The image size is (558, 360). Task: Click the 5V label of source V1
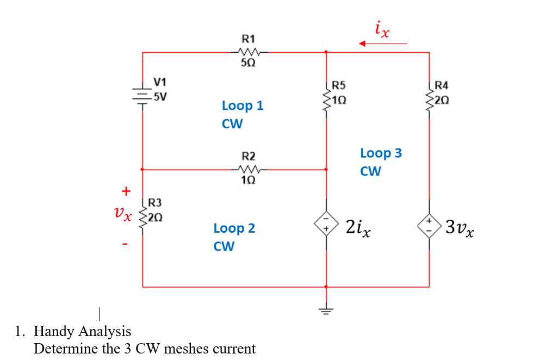[x=160, y=97]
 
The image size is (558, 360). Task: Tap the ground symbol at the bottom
[x=326, y=310]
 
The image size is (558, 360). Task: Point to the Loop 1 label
[x=243, y=105]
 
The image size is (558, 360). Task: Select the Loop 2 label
[x=234, y=228]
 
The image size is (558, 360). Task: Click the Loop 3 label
[x=381, y=153]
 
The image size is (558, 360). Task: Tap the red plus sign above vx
[x=126, y=191]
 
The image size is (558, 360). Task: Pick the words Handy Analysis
[x=82, y=331]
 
